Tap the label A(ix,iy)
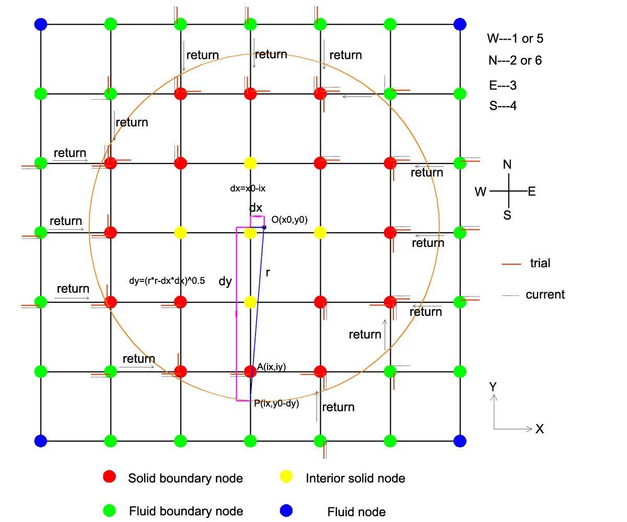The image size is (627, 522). (272, 367)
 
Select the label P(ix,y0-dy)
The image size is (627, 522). (276, 403)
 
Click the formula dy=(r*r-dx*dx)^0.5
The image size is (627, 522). (167, 281)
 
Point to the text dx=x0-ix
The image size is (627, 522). (252, 189)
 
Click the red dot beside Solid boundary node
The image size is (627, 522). (109, 477)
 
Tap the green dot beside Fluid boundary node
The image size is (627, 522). (109, 510)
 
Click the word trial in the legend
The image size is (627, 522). (540, 263)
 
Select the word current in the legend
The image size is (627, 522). (545, 294)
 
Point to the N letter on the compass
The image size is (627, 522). (507, 165)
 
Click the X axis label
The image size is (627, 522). (540, 429)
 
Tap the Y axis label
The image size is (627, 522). (492, 387)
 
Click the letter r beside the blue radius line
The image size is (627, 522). (268, 272)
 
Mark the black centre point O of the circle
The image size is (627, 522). (264, 227)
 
